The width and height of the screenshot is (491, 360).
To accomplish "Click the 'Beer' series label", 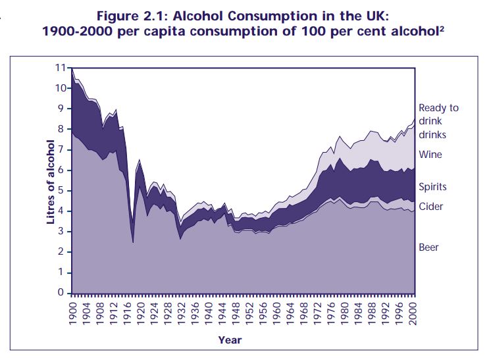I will [x=428, y=247].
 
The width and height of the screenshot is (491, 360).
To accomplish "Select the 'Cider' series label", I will [x=430, y=207].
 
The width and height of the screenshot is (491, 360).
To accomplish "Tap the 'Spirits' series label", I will [x=433, y=188].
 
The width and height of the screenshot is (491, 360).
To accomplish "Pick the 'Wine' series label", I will [x=430, y=155].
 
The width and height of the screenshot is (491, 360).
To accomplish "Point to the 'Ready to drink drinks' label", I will [x=438, y=121].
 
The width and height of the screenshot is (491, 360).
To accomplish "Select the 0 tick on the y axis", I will [x=62, y=293].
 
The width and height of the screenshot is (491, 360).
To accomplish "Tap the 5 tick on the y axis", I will [x=62, y=190].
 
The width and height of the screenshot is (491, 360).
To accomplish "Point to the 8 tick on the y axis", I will [x=62, y=129].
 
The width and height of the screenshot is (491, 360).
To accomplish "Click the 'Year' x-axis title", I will [x=230, y=340].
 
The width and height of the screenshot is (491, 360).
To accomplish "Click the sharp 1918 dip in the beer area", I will [x=133, y=241].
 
